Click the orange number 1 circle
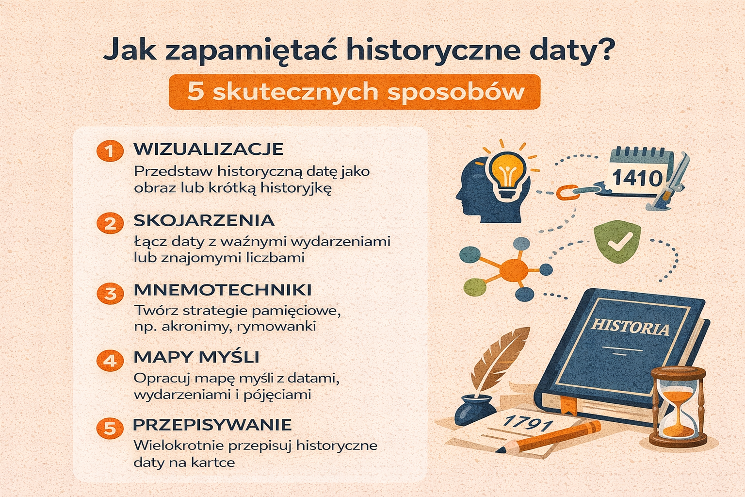tap(110, 151)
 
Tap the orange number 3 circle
tap(110, 294)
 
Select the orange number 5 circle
tap(110, 428)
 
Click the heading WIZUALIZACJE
tap(209, 149)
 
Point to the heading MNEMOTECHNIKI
tap(223, 290)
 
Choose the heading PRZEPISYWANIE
tap(212, 425)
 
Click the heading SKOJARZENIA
tap(204, 220)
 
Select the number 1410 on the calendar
tap(637, 178)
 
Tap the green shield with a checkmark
tap(617, 241)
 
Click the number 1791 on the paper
tap(527, 422)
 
